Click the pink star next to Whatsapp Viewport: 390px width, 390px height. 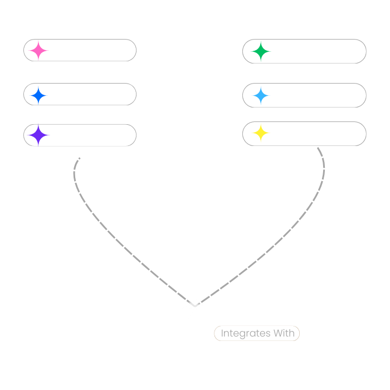pyautogui.click(x=38, y=50)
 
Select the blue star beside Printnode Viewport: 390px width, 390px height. pyautogui.click(x=38, y=95)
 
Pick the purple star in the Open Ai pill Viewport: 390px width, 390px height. pyautogui.click(x=38, y=135)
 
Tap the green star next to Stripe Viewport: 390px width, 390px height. pyautogui.click(x=260, y=52)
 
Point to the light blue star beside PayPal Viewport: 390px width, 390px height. pyautogui.click(x=261, y=96)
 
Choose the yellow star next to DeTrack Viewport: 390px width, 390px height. pyautogui.click(x=261, y=134)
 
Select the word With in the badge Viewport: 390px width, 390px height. pyautogui.click(x=283, y=334)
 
